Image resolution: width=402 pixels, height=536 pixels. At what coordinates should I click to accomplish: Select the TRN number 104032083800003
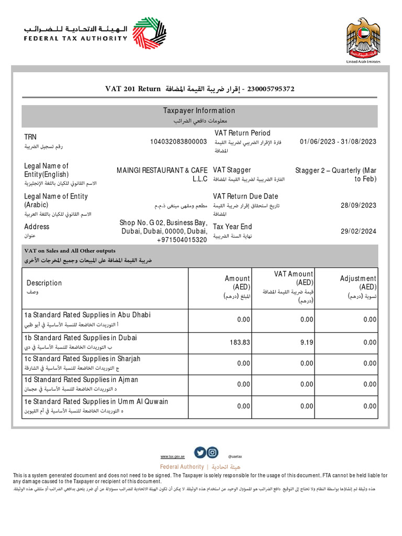[178, 142]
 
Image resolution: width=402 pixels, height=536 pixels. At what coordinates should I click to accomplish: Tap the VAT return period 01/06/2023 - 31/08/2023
[338, 142]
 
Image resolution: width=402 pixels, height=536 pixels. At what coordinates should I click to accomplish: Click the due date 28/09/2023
[359, 205]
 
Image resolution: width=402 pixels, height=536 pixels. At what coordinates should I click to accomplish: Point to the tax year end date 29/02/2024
[359, 231]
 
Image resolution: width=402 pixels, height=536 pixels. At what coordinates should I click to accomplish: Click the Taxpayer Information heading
[199, 110]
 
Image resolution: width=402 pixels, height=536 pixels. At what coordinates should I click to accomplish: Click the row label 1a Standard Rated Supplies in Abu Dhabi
[87, 315]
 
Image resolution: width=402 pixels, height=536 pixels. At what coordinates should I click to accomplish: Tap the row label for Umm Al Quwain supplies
[97, 401]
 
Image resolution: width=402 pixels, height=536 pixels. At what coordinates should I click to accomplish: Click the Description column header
[44, 283]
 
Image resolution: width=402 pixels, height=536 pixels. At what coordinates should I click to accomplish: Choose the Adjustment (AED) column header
[358, 283]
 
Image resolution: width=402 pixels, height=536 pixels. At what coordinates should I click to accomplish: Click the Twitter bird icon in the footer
[199, 453]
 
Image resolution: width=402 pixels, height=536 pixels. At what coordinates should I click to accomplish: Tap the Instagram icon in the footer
[212, 453]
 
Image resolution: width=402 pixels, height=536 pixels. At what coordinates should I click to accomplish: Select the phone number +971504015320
[182, 240]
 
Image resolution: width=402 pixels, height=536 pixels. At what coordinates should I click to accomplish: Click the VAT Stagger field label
[232, 170]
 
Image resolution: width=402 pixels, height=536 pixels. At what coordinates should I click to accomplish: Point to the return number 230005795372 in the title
[270, 89]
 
